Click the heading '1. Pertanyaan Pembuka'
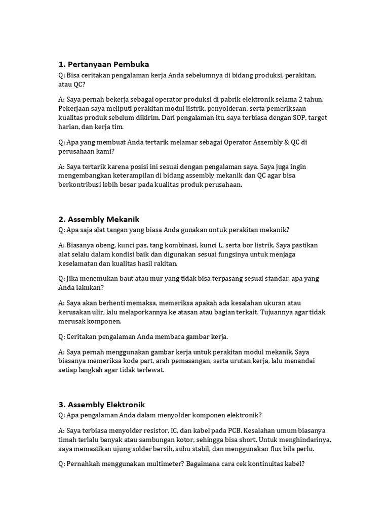click(104, 64)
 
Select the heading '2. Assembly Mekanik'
click(99, 219)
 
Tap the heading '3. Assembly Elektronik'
click(102, 404)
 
